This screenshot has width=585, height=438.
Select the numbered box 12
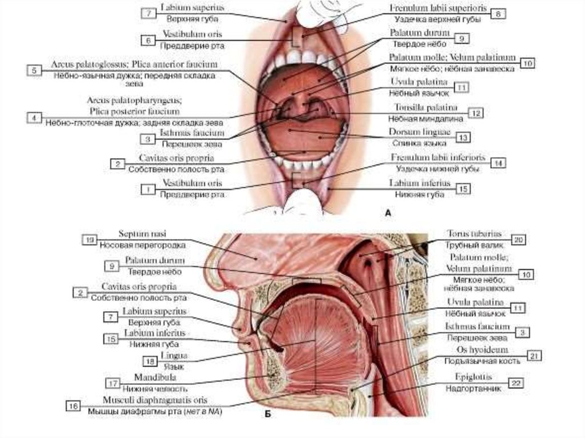tap(475, 113)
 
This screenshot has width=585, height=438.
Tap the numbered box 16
tap(74, 406)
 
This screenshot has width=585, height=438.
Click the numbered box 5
tap(34, 70)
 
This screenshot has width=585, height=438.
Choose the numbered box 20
tap(518, 240)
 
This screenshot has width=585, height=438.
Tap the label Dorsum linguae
tap(422, 132)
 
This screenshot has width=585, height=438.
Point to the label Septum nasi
tap(142, 234)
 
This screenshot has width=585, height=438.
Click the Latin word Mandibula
tap(155, 377)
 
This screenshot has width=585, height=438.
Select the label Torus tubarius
tap(474, 234)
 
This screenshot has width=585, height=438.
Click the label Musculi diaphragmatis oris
tap(155, 400)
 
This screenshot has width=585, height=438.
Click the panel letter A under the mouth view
tap(388, 212)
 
